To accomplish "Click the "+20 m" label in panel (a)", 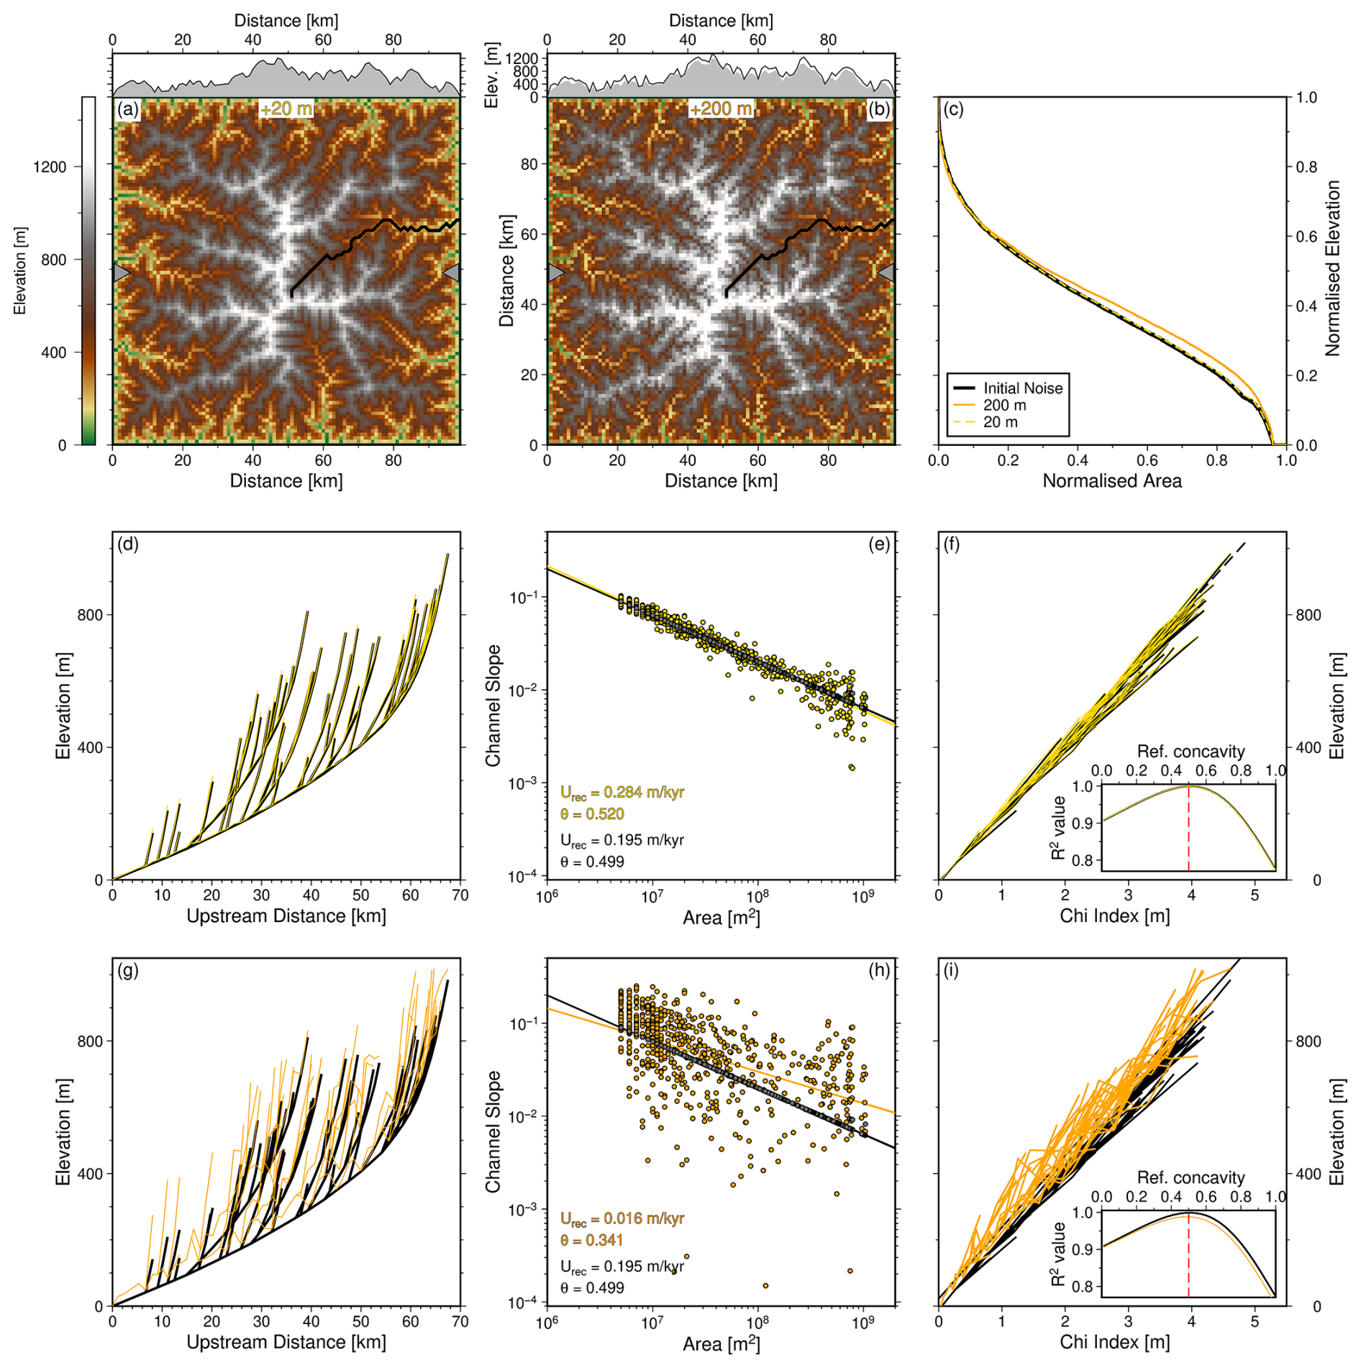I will (286, 109).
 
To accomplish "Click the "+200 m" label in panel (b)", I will (721, 109).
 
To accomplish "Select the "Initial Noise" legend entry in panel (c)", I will (1022, 388).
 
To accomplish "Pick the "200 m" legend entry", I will (1004, 405).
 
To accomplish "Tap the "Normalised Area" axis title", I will (1111, 480).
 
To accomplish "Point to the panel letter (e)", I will (879, 544).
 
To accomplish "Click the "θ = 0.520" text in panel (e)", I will (592, 813).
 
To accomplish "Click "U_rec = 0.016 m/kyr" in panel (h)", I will (622, 1218).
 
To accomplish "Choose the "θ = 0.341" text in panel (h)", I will (592, 1240).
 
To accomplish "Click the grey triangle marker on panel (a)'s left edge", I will (121, 273).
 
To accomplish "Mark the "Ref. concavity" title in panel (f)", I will (1191, 752).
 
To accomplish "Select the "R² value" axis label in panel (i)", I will (1058, 1254).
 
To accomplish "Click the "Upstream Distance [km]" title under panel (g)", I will (286, 1342).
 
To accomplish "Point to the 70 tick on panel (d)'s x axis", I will (460, 895).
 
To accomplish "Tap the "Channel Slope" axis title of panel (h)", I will (493, 1131).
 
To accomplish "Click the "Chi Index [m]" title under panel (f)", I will (1114, 916).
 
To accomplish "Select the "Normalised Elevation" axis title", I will (1333, 268).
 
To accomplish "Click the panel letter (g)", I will (128, 970).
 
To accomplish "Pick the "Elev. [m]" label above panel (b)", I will (492, 76).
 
